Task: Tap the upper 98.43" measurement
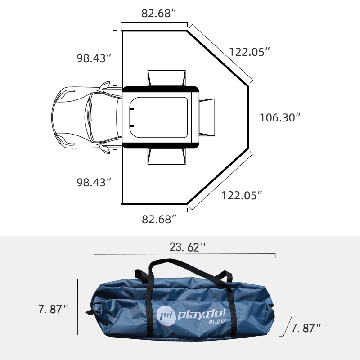click(94, 58)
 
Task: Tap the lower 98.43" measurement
click(94, 182)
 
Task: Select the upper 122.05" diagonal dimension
click(249, 51)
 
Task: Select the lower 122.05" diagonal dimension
click(241, 195)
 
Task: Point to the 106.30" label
click(280, 117)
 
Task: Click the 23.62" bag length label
click(187, 247)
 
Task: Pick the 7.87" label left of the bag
click(53, 309)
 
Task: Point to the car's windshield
click(90, 118)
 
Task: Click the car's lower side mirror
click(104, 149)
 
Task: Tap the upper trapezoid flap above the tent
click(166, 77)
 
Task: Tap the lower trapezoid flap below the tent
click(166, 157)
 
